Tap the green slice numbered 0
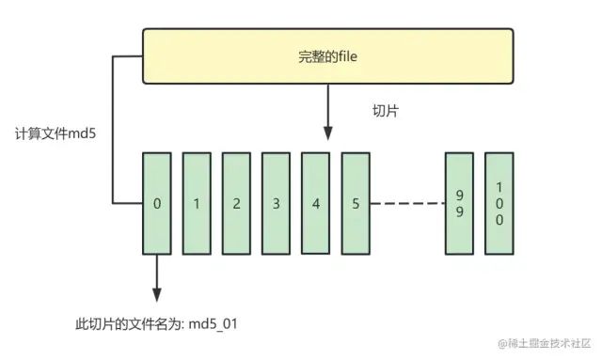156,203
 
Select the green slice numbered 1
196,203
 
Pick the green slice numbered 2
236,203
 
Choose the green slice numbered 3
276,203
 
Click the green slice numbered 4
315,203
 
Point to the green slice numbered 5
355,203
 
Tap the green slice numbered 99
459,203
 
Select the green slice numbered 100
499,203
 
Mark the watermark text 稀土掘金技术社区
550,343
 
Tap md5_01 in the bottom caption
225,323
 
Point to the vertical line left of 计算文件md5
113,132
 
